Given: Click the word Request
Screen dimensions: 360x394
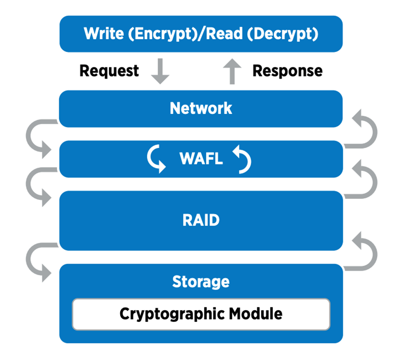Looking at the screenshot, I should click(109, 71).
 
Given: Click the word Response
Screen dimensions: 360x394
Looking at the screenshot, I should click(287, 71).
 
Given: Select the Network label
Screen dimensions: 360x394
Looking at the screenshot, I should click(201, 108).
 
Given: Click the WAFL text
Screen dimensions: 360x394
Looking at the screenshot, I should click(200, 159).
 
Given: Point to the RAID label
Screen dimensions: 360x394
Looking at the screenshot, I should click(201, 220).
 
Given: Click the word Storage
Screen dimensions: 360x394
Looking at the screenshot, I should click(201, 281).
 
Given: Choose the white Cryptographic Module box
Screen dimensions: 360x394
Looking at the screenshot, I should click(201, 314).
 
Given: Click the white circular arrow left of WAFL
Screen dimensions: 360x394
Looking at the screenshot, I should click(156, 159).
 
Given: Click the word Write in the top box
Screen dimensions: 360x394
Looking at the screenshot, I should click(104, 34).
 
